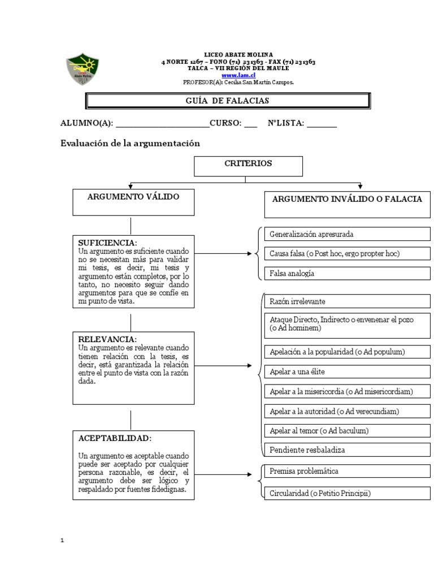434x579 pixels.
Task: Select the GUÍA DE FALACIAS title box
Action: tap(227, 101)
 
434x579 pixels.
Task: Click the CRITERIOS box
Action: tap(249, 166)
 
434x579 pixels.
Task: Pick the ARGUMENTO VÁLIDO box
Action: tap(133, 202)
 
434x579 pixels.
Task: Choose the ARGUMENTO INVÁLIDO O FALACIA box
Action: tap(347, 204)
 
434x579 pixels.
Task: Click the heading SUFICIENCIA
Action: tap(108, 243)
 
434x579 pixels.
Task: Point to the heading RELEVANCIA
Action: tap(107, 339)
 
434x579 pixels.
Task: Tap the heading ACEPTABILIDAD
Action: tap(115, 438)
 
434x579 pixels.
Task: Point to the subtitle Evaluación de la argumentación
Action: tap(131, 144)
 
